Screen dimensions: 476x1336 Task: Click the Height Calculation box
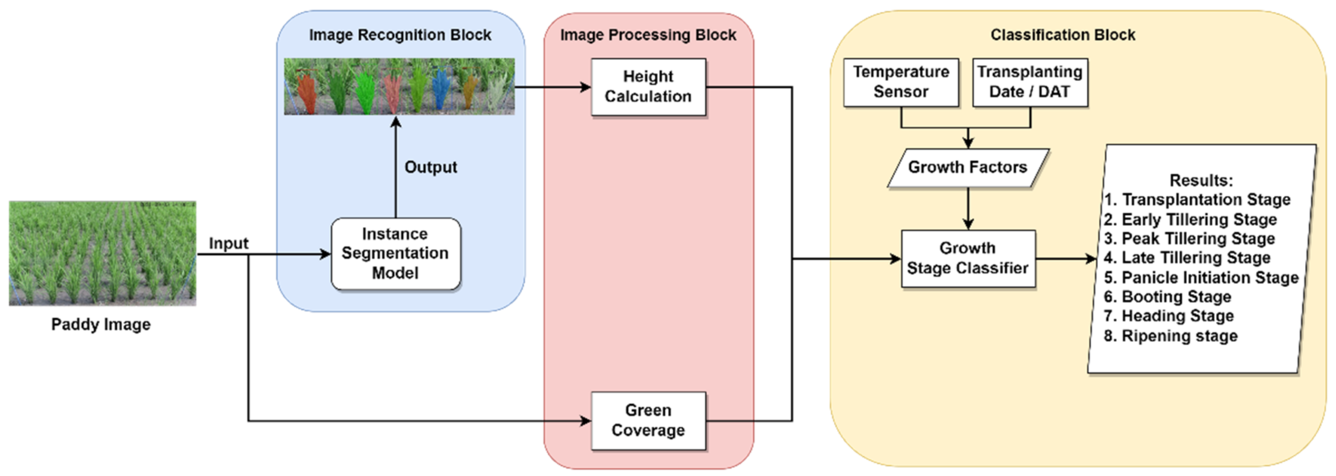tap(648, 87)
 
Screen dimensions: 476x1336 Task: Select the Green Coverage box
tap(648, 420)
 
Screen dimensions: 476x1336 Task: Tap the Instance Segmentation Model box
tap(395, 254)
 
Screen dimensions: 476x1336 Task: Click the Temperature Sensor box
tap(901, 82)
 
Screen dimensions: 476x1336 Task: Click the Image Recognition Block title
tap(400, 35)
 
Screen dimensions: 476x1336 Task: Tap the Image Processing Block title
tap(648, 35)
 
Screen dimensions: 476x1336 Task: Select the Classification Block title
tap(1063, 35)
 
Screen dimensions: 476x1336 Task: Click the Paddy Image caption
tap(101, 325)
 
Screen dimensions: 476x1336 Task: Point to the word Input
tap(228, 243)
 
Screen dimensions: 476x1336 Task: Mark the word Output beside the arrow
tap(431, 168)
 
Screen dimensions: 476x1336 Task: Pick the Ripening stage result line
tap(1179, 336)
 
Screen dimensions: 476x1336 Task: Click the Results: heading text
tap(1201, 180)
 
